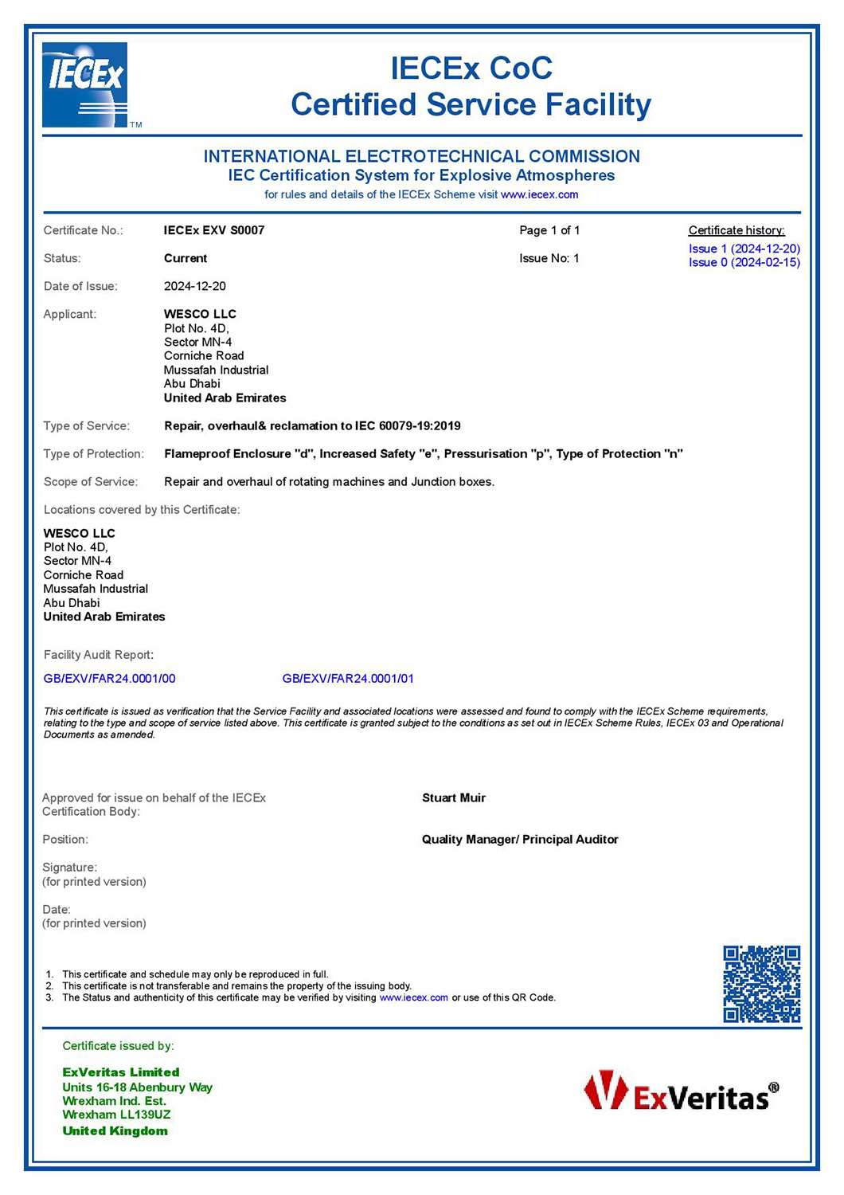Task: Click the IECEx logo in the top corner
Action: [x=85, y=84]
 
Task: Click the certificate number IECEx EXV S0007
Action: [x=214, y=230]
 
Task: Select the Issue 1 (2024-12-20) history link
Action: [x=744, y=249]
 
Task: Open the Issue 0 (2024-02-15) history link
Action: [x=744, y=262]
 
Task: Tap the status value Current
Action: [x=186, y=258]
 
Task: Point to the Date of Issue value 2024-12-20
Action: [x=195, y=286]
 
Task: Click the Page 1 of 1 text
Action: [x=549, y=230]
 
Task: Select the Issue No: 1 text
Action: [x=549, y=258]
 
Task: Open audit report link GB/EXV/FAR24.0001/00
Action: [x=110, y=679]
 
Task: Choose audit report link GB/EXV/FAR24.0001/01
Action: [x=348, y=679]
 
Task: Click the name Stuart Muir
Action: [x=454, y=797]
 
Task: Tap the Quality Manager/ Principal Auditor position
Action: [x=520, y=839]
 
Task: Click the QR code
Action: [x=761, y=984]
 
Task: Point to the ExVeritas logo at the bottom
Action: [x=682, y=1092]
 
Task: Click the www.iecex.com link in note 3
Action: [x=414, y=997]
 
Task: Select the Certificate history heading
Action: [x=737, y=230]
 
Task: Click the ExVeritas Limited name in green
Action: [x=121, y=1072]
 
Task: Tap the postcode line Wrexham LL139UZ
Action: [x=116, y=1115]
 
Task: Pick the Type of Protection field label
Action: [x=94, y=454]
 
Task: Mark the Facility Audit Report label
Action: [x=99, y=655]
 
